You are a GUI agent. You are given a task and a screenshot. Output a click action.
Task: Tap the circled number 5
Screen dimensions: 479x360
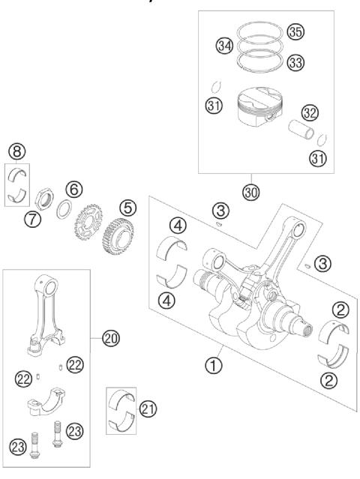pos(127,205)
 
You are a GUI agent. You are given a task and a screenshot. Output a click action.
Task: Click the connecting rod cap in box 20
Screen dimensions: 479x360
pos(46,401)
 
